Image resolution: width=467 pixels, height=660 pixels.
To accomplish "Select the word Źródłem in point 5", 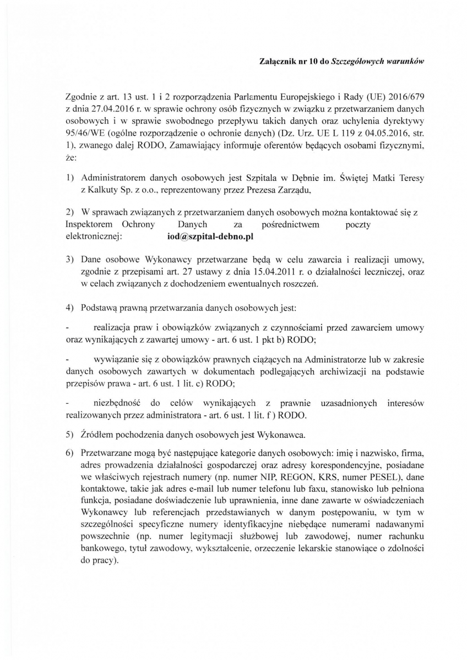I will click(97, 435).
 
